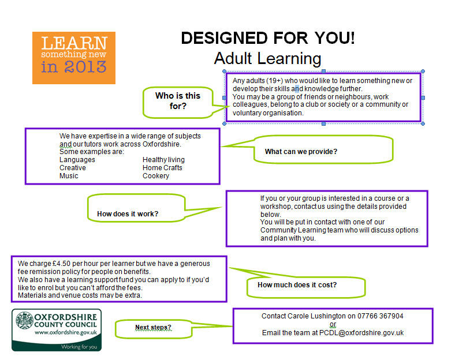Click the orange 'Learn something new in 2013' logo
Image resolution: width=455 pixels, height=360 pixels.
click(74, 58)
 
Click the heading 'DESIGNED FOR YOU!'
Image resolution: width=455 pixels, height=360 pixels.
click(268, 38)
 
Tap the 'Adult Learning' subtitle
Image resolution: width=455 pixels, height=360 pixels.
click(267, 58)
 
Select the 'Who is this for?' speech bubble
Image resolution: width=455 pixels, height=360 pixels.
click(178, 102)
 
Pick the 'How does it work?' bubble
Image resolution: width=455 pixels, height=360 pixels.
click(136, 208)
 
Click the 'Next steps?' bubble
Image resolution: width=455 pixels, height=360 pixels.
click(154, 329)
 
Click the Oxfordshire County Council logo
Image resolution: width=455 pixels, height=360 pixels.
click(57, 330)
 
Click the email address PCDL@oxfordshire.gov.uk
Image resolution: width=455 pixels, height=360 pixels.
click(361, 333)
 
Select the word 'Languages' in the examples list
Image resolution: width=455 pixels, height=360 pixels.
click(77, 160)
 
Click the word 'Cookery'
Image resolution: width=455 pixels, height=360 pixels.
click(156, 176)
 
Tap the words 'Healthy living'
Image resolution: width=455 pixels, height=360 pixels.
click(163, 160)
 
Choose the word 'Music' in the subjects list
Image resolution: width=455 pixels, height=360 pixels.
click(69, 176)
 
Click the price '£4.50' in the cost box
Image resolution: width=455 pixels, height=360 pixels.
click(62, 264)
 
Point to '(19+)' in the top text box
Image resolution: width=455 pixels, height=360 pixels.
click(274, 81)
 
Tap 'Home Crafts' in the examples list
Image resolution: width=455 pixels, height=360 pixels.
click(162, 168)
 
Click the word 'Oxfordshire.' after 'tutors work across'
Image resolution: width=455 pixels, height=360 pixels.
click(162, 144)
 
